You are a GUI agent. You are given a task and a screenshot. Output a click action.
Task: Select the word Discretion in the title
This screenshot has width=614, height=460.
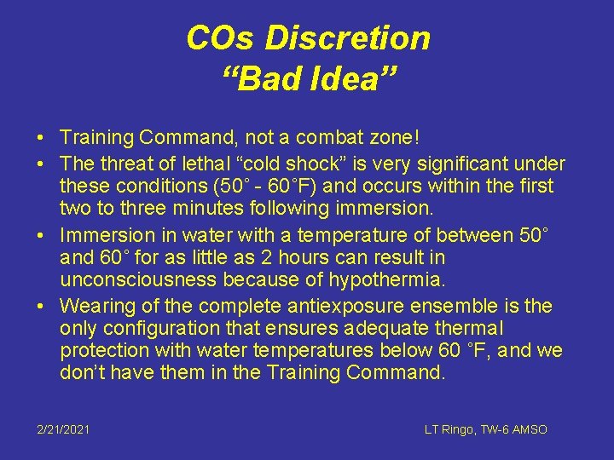coord(347,38)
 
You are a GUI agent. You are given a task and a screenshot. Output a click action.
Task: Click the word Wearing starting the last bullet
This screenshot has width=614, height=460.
coord(96,306)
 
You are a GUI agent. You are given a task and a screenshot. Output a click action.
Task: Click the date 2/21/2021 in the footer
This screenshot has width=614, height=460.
coord(62,430)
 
